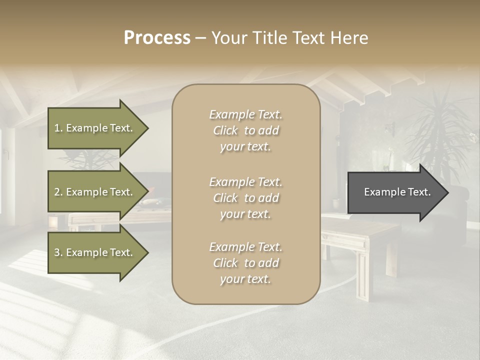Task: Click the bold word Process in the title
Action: [157, 38]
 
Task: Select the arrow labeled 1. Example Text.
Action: [95, 128]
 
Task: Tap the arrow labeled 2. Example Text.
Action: [95, 192]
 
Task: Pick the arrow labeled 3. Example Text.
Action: [95, 252]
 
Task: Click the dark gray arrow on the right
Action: [395, 192]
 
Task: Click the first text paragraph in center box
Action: [245, 130]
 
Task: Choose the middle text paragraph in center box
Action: [245, 198]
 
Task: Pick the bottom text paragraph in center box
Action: [245, 263]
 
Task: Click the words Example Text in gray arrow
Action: [397, 192]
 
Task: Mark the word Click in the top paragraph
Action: [225, 130]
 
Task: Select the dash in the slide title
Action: [200, 38]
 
